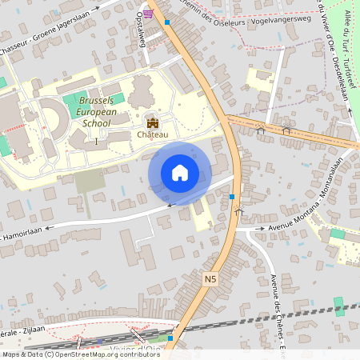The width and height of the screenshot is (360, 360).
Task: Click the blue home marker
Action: [x=180, y=173]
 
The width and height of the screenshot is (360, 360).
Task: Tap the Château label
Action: [x=153, y=134]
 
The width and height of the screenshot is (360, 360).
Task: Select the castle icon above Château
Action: [x=152, y=122]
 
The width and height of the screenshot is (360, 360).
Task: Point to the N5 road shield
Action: [x=210, y=278]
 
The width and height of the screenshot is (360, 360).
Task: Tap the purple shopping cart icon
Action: [x=147, y=14]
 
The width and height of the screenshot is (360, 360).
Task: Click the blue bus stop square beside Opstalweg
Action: [x=167, y=22]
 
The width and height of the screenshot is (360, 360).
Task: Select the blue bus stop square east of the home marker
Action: [x=232, y=197]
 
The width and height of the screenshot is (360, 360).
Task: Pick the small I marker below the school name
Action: [x=97, y=141]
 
